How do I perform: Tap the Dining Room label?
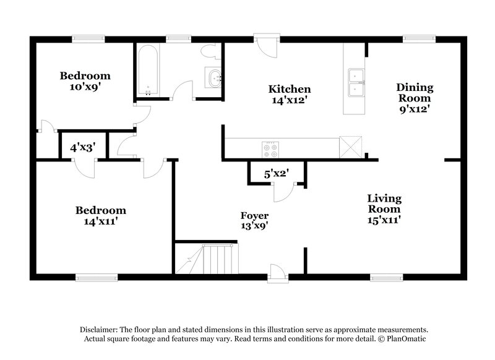(x=415, y=97)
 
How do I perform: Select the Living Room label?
(x=384, y=208)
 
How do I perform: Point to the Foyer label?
(x=254, y=220)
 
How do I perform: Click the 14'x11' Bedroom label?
(x=101, y=215)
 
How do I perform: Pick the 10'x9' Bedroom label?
(x=85, y=81)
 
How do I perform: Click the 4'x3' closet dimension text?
(x=82, y=148)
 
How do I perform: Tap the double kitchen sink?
(x=355, y=82)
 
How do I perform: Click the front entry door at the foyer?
(x=277, y=272)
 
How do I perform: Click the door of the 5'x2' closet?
(x=283, y=192)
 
